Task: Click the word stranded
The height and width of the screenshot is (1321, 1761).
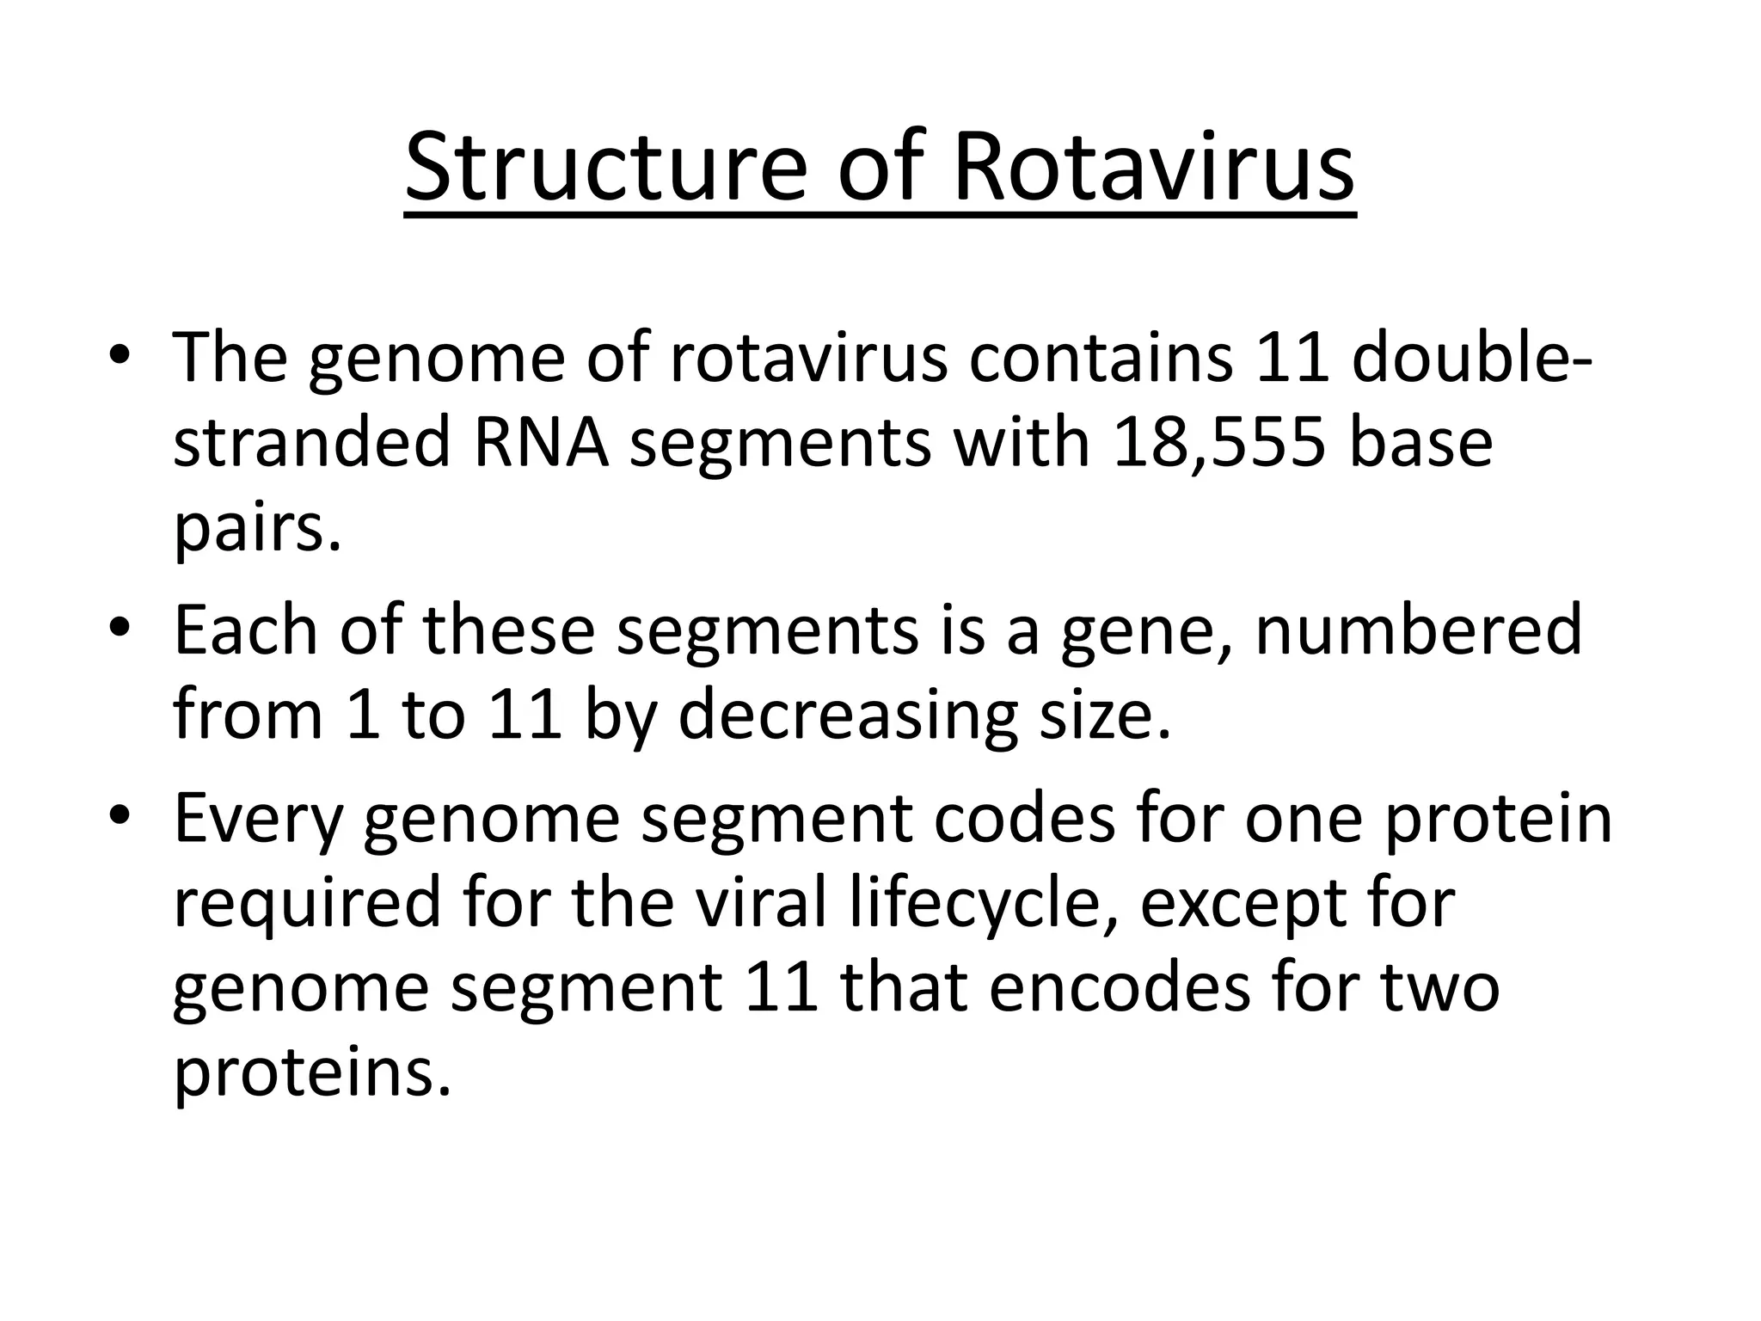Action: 312,444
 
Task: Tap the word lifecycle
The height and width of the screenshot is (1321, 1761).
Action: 977,904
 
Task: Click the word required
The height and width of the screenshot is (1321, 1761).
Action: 307,904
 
